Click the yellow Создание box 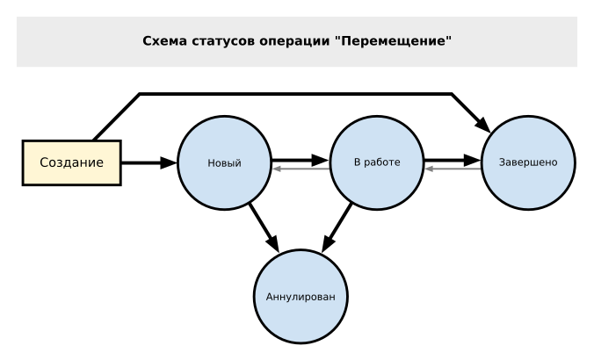[x=71, y=163]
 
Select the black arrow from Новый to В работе [x=299, y=161]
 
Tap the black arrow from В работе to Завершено [x=452, y=161]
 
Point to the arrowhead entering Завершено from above [x=482, y=120]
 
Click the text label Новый [x=223, y=164]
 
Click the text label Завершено [x=526, y=164]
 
